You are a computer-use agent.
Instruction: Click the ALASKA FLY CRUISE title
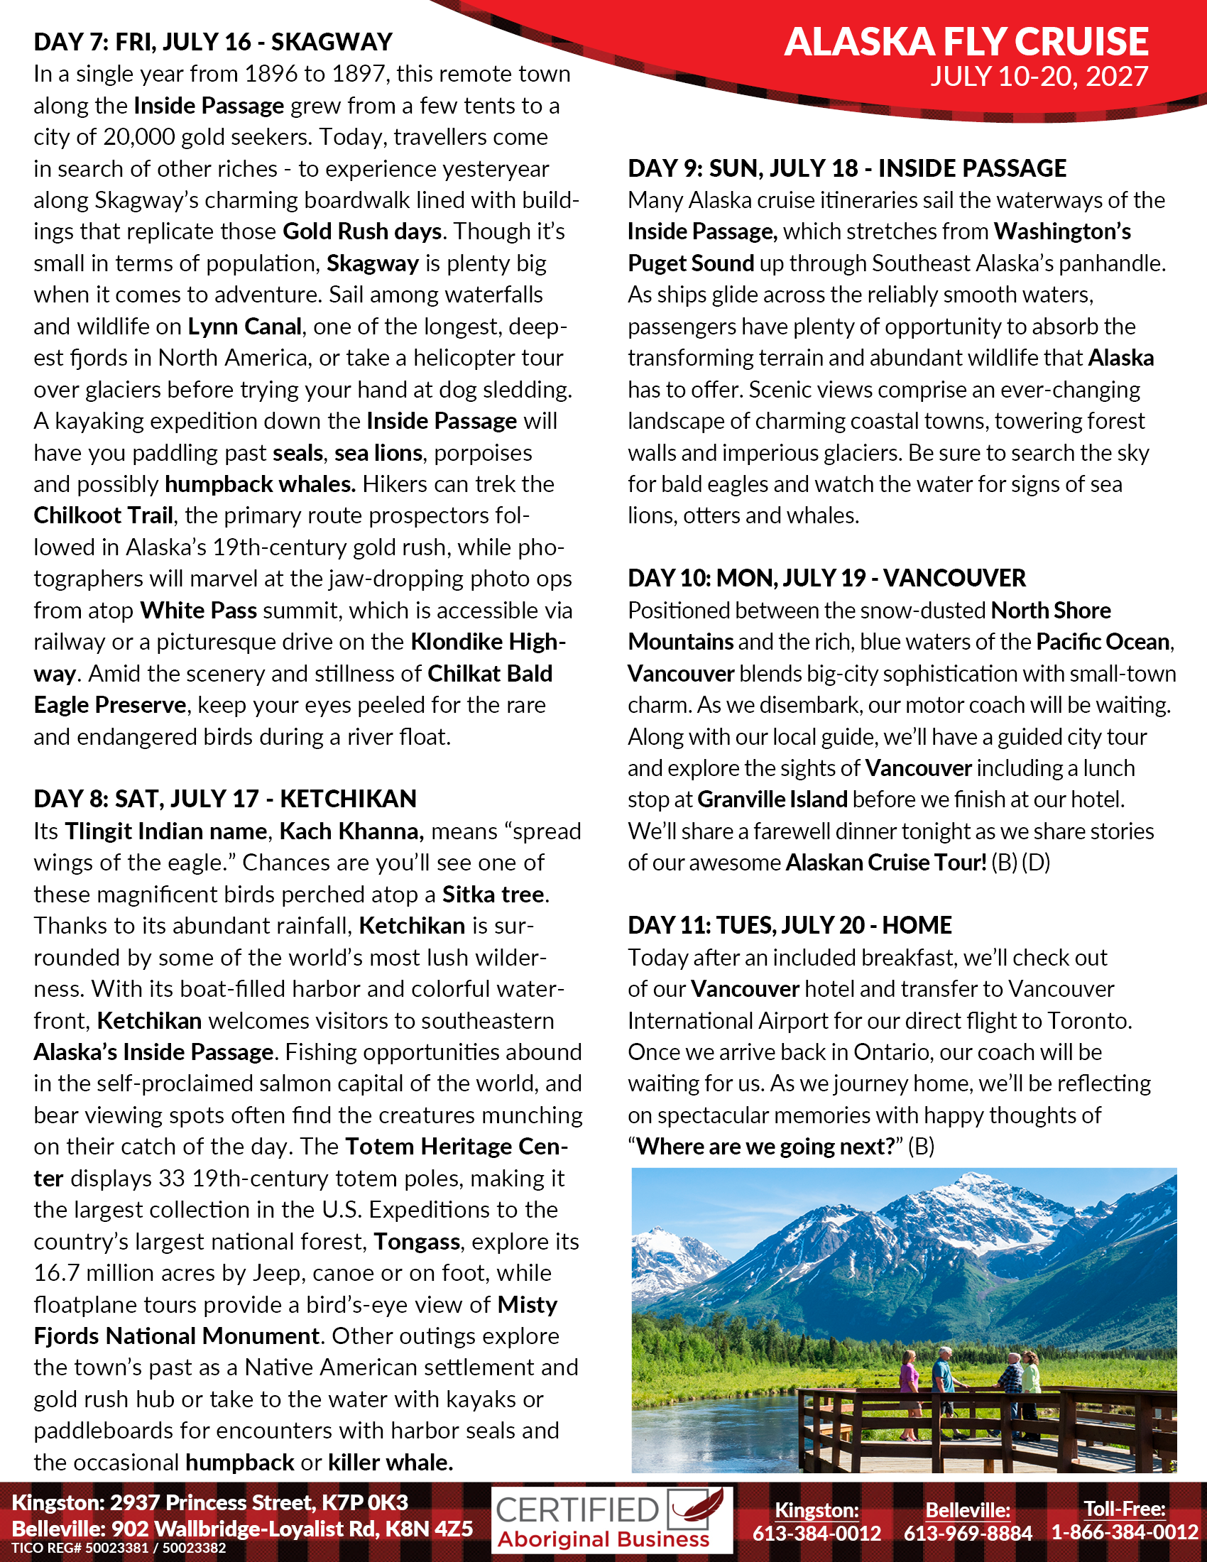tap(966, 41)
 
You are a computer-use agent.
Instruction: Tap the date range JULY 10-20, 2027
tap(1039, 77)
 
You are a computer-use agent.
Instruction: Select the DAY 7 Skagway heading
tap(213, 42)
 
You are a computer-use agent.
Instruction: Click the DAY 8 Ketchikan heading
tap(224, 799)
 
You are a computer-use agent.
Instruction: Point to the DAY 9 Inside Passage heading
tap(846, 168)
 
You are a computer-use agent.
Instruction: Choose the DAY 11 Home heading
tap(790, 924)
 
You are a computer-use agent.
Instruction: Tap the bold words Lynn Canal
tap(244, 326)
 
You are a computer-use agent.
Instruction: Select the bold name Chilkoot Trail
tap(104, 515)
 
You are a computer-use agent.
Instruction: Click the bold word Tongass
tap(417, 1241)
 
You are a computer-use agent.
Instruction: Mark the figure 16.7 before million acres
tap(58, 1272)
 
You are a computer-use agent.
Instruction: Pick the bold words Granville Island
tap(772, 799)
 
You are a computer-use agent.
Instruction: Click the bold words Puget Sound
tap(691, 263)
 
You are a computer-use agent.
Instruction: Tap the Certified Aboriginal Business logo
tap(612, 1521)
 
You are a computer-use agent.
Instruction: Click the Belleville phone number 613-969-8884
tap(968, 1533)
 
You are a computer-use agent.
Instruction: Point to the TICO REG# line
tap(119, 1549)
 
